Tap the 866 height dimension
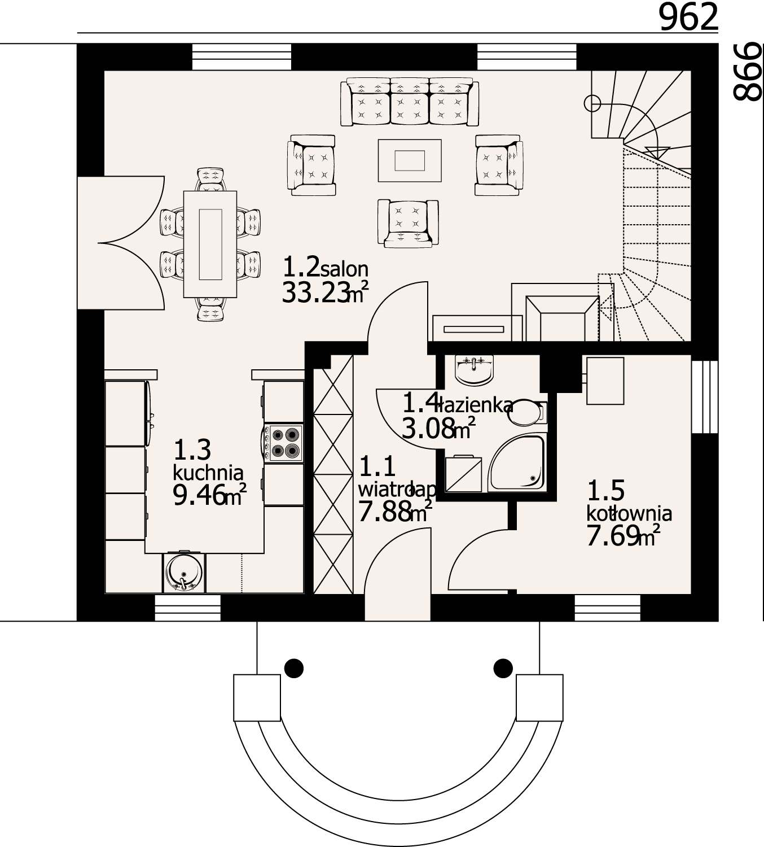[x=748, y=72]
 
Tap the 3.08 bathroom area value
[x=428, y=429]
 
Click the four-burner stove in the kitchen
[x=284, y=442]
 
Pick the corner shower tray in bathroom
[x=518, y=463]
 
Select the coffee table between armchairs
[x=410, y=160]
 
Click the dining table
[x=210, y=243]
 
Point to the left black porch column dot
[x=293, y=668]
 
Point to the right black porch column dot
[x=503, y=668]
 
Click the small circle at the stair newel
[x=592, y=103]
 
